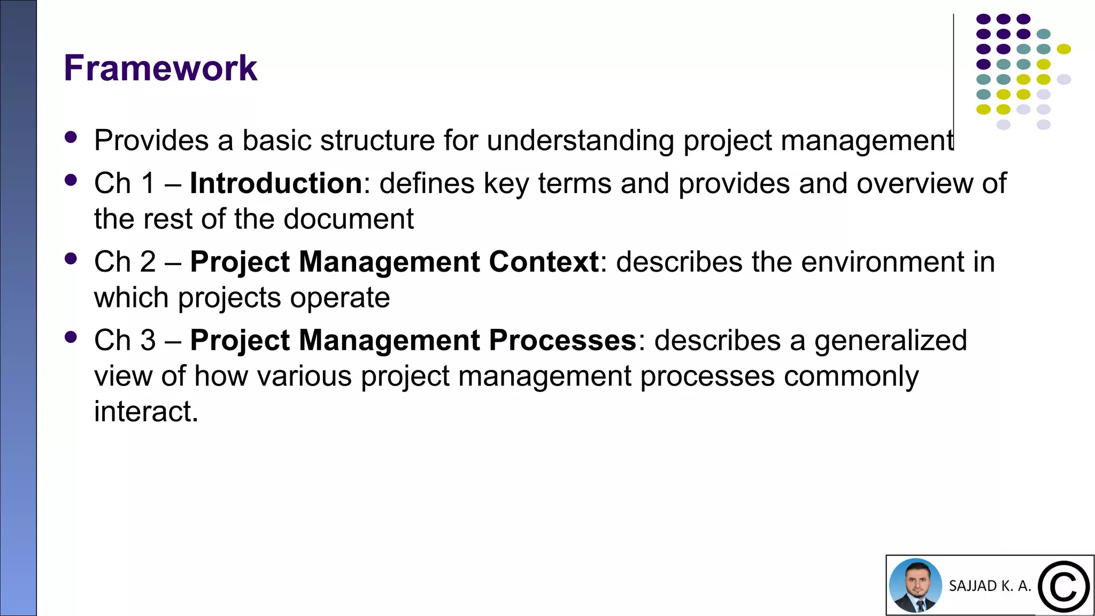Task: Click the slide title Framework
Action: (x=160, y=68)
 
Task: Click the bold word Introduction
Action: (x=276, y=183)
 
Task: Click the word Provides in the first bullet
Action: (x=151, y=141)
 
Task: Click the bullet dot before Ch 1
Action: (x=71, y=180)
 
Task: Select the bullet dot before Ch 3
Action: (x=71, y=337)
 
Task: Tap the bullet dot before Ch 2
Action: (x=71, y=259)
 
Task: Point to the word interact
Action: (x=145, y=412)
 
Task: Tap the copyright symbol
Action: (x=1063, y=587)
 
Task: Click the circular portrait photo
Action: (x=915, y=586)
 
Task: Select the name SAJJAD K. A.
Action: (x=990, y=586)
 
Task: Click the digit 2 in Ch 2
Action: (x=148, y=262)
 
